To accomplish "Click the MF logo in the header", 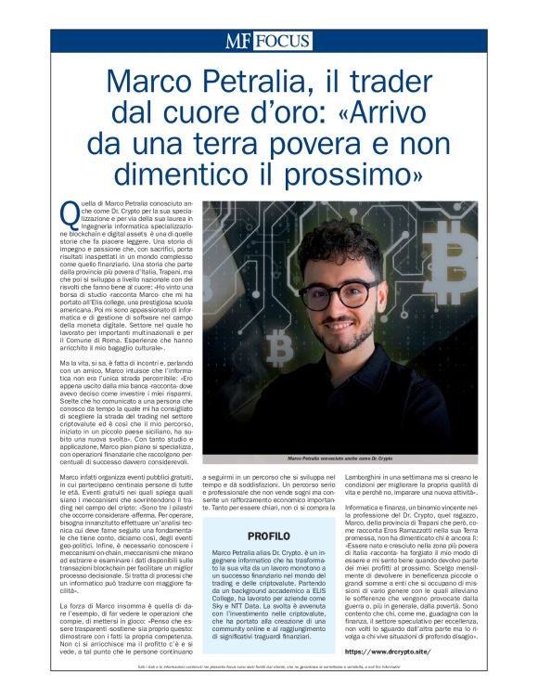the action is point(237,41).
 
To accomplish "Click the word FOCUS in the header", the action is point(282,41).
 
